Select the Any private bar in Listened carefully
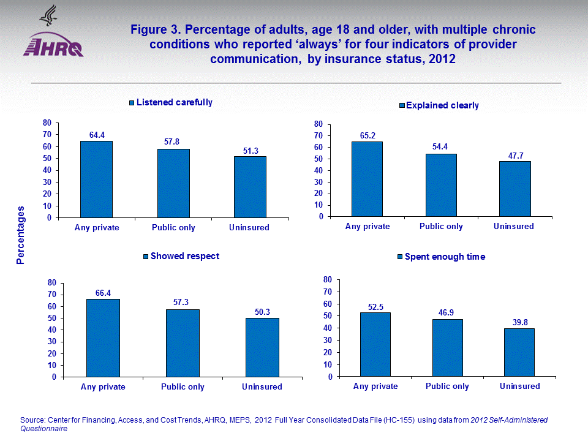click(x=97, y=179)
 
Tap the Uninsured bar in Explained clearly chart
click(x=514, y=189)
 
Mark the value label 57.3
click(x=183, y=301)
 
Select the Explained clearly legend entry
click(x=442, y=105)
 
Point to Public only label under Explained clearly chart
click(x=441, y=227)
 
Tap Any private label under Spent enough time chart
click(x=375, y=386)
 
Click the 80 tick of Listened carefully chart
click(x=47, y=123)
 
